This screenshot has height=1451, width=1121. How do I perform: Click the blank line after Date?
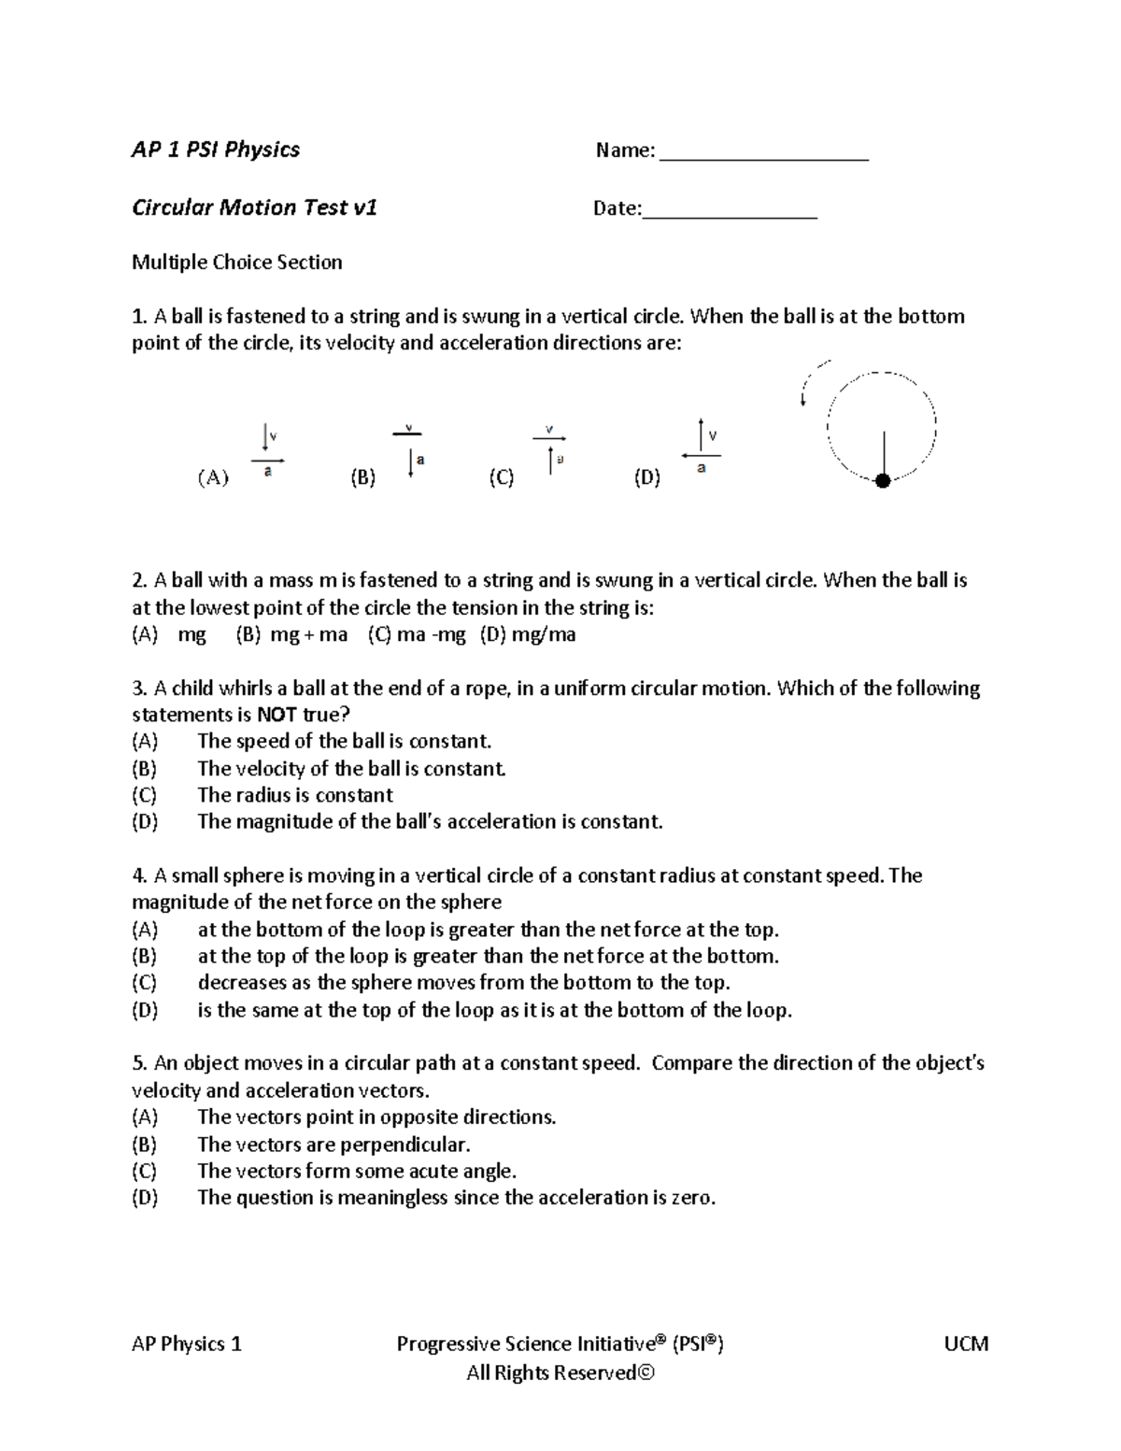pyautogui.click(x=730, y=214)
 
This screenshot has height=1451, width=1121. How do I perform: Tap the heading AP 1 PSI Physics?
pyautogui.click(x=216, y=149)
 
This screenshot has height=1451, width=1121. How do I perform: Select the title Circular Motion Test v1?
pyautogui.click(x=254, y=207)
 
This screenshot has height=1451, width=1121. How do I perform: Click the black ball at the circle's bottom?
pyautogui.click(x=882, y=480)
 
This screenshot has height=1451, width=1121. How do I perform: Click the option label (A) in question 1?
pyautogui.click(x=213, y=478)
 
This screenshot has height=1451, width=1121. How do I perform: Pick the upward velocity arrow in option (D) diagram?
pyautogui.click(x=701, y=434)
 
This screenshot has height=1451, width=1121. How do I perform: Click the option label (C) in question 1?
pyautogui.click(x=502, y=478)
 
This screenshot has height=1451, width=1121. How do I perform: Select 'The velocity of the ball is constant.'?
pyautogui.click(x=351, y=769)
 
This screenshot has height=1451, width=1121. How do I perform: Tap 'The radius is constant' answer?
pyautogui.click(x=295, y=795)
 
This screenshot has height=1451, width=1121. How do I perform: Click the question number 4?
pyautogui.click(x=140, y=875)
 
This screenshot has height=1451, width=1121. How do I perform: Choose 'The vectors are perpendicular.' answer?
pyautogui.click(x=333, y=1145)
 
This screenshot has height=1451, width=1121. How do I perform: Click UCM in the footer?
pyautogui.click(x=967, y=1344)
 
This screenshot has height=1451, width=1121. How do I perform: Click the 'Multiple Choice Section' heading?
pyautogui.click(x=237, y=263)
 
